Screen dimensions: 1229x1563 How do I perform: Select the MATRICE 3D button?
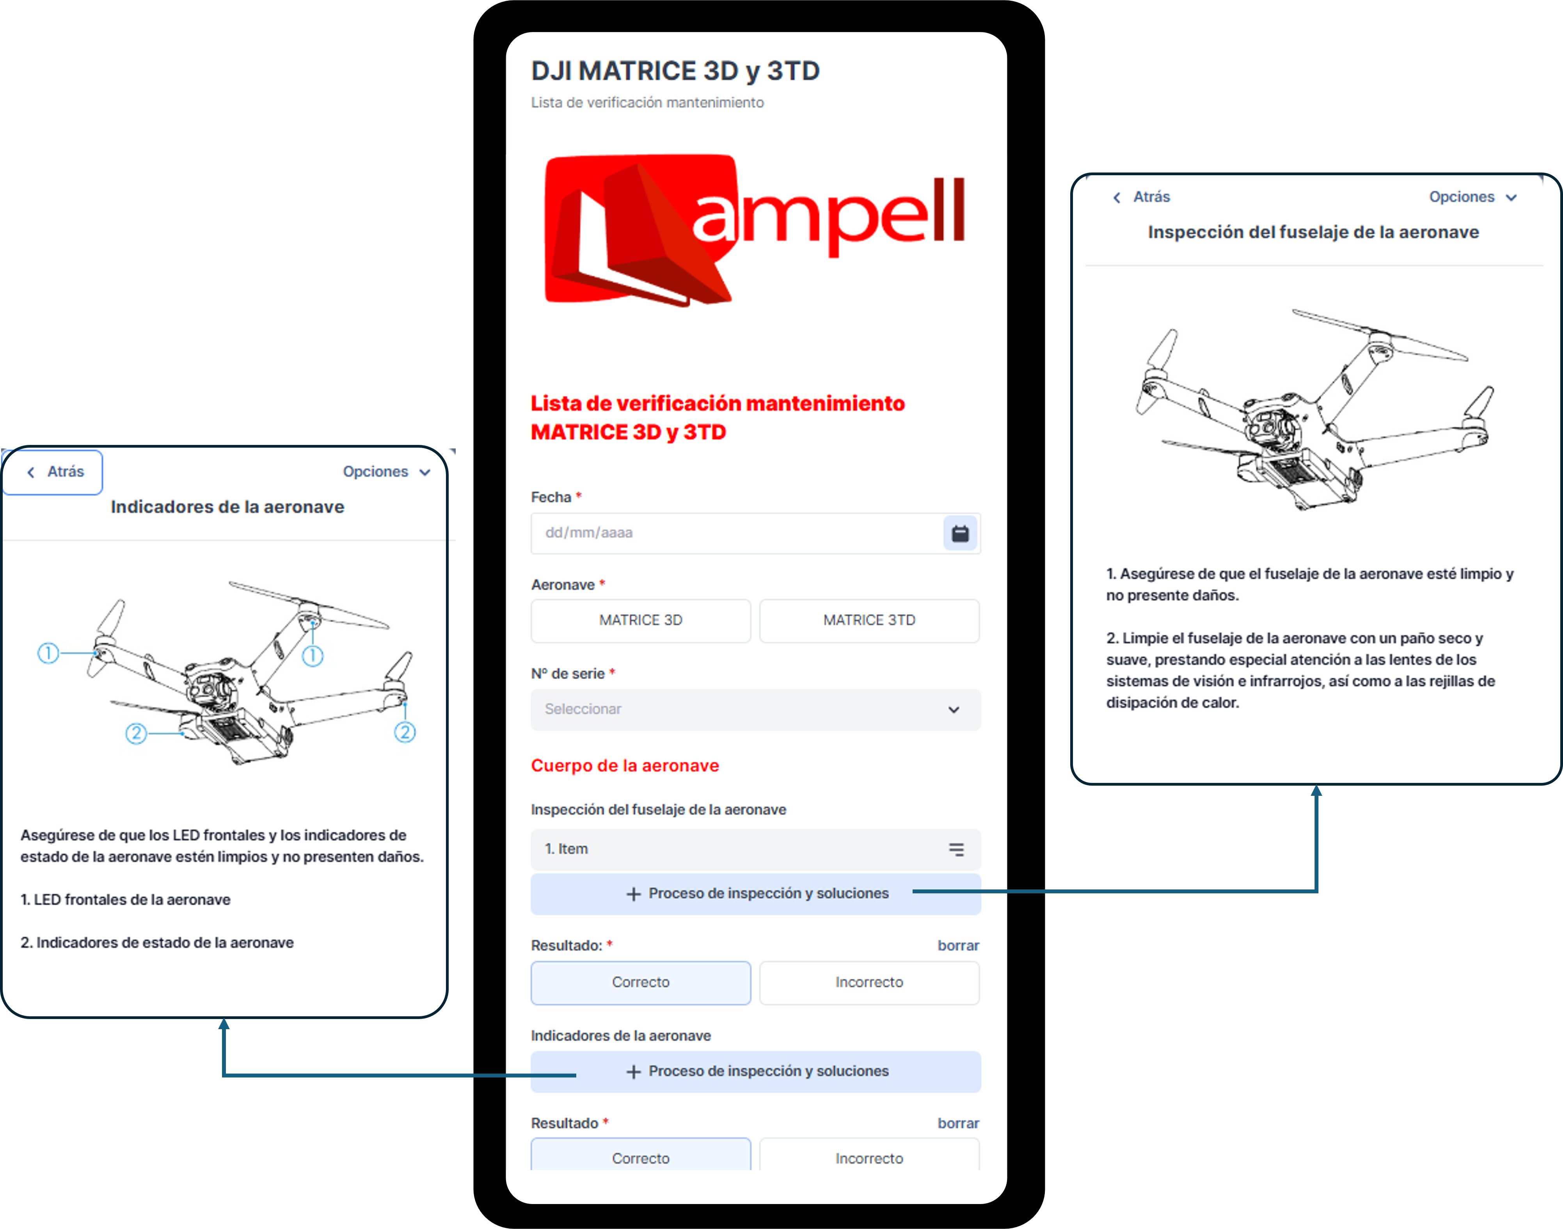pos(640,620)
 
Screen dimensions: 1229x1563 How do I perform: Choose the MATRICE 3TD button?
pos(869,620)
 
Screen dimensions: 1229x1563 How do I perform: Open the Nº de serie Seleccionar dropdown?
pos(755,710)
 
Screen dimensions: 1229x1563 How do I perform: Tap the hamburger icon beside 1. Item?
pos(956,849)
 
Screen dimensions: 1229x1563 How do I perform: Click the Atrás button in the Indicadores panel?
pos(56,472)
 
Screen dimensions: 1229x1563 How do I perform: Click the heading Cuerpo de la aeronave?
pos(624,766)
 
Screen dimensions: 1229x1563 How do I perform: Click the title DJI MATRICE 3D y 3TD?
pos(675,71)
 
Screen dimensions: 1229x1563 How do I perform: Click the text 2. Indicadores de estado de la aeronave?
pos(157,943)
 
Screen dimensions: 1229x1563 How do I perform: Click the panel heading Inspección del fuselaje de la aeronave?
pos(1313,233)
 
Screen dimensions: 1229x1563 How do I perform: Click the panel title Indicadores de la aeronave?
pos(227,507)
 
